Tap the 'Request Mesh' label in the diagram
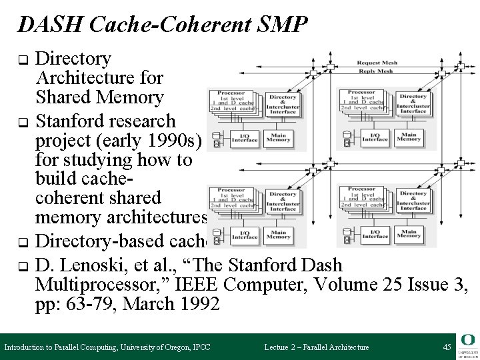[377, 60]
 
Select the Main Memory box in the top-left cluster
[277, 137]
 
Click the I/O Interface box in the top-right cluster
[375, 137]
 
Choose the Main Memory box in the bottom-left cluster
[277, 234]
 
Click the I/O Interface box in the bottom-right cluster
[375, 234]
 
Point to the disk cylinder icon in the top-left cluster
[216, 139]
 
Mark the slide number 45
[446, 347]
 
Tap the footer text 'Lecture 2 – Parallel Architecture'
[316, 347]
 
